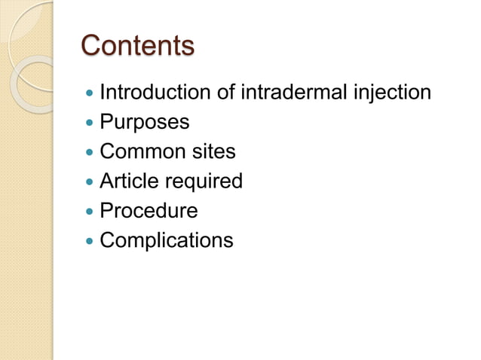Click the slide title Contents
tap(137, 46)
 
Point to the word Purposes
tap(145, 122)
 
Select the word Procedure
tap(149, 211)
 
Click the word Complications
tap(167, 241)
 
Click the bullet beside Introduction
tap(90, 94)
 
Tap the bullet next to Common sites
tap(90, 153)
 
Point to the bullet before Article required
tap(90, 182)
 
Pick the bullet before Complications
tap(90, 242)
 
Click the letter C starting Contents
tap(91, 46)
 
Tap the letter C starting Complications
tap(107, 241)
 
